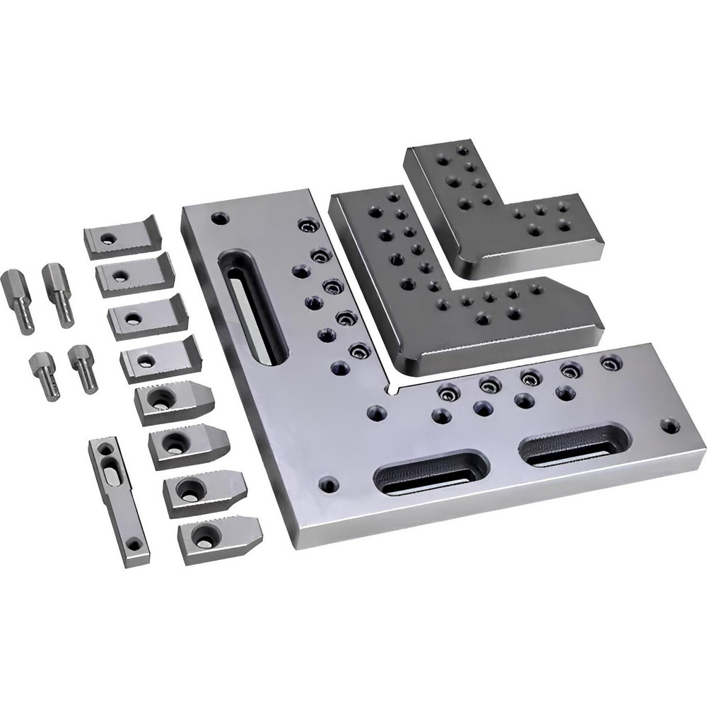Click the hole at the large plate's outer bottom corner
[327, 486]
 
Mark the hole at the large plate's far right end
[669, 426]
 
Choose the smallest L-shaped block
[495, 212]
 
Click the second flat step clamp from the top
[134, 271]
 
